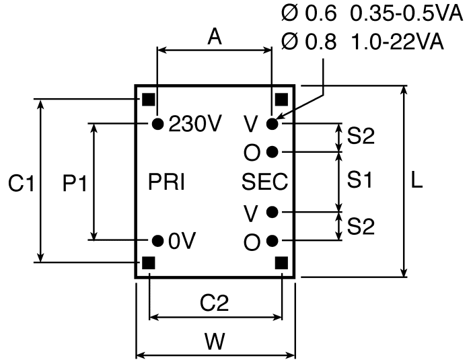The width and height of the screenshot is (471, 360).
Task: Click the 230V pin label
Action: click(x=195, y=124)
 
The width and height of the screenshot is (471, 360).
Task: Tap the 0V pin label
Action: click(x=182, y=241)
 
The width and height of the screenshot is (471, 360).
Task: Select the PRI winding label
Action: click(x=166, y=182)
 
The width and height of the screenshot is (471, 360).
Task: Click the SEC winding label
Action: click(x=264, y=182)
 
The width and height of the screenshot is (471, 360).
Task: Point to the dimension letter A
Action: click(x=215, y=36)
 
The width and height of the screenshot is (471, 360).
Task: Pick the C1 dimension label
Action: click(x=21, y=183)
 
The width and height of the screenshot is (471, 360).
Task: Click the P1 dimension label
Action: click(x=75, y=183)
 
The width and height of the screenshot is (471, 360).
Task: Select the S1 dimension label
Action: click(x=359, y=180)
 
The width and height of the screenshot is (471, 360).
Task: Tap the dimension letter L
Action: click(x=416, y=180)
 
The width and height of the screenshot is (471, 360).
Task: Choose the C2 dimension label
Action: click(x=215, y=303)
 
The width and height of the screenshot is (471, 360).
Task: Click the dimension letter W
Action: click(x=215, y=341)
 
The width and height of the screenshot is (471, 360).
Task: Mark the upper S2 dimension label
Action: click(x=361, y=136)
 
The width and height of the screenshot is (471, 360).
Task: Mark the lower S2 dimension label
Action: click(x=361, y=226)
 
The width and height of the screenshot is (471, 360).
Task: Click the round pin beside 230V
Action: click(x=157, y=124)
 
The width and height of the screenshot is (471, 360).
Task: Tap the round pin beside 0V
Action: click(x=157, y=241)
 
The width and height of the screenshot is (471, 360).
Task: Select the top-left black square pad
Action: click(x=149, y=100)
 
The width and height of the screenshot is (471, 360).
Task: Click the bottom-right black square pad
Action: click(x=281, y=263)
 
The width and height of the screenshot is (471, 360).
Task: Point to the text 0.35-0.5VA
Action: click(x=407, y=13)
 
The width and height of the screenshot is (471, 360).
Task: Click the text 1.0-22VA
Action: click(x=397, y=41)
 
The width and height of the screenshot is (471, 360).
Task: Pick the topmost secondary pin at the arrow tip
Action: click(x=272, y=124)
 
